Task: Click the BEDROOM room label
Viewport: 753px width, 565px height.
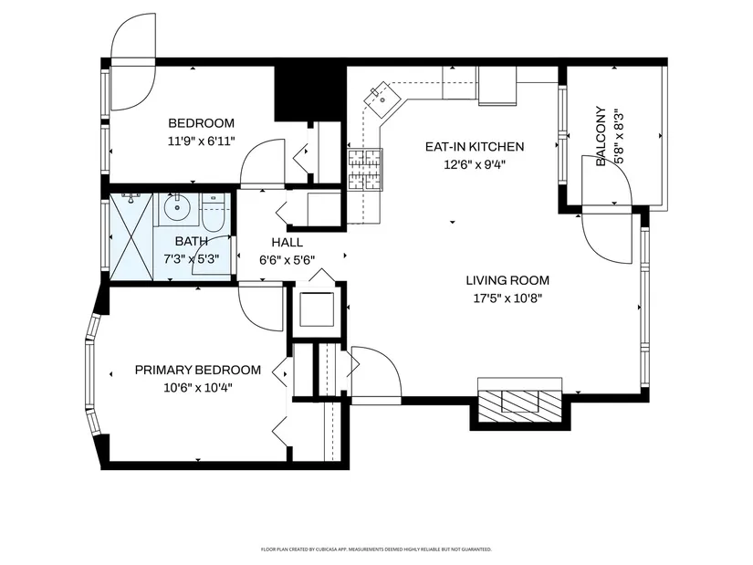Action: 201,123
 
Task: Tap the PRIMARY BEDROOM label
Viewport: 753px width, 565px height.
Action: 198,370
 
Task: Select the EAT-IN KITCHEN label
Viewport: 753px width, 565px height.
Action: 475,147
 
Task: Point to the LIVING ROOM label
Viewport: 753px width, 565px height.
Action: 507,280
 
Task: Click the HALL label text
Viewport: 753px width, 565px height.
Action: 288,242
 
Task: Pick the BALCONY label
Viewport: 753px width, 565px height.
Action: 601,136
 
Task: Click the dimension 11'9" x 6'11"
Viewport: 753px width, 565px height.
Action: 201,141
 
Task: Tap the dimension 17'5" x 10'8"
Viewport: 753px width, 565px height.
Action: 507,298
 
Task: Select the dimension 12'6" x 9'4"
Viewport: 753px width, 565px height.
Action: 475,165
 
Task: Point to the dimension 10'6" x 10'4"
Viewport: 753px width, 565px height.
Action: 198,388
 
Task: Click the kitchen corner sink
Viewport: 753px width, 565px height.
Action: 382,99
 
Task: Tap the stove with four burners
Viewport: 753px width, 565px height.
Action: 365,170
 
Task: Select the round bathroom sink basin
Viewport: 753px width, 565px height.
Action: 177,207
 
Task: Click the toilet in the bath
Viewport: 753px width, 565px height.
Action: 212,213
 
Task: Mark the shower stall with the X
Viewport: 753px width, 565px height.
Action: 131,236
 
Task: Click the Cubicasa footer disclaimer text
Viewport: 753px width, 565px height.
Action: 376,549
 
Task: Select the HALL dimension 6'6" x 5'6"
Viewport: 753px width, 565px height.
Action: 288,260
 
